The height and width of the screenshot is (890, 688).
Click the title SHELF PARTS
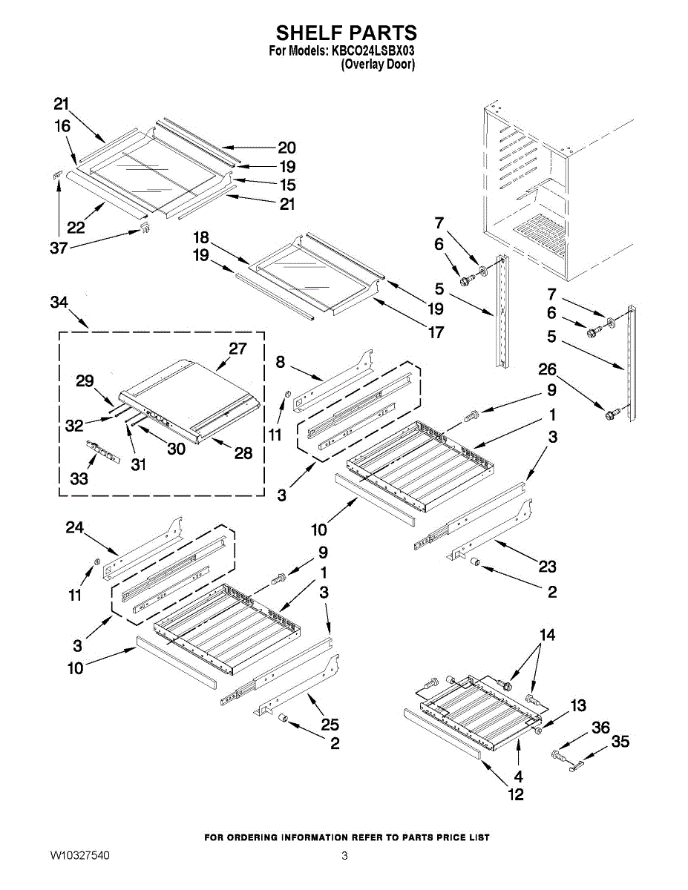[x=347, y=33]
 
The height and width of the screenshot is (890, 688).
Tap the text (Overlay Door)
[x=378, y=65]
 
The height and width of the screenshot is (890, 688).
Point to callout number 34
[x=60, y=303]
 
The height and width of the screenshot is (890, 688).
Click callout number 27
[x=237, y=348]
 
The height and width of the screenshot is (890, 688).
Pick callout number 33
[x=79, y=478]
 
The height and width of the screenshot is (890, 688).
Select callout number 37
[x=59, y=248]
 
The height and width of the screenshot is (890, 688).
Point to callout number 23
[x=547, y=567]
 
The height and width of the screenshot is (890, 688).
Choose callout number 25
[x=330, y=725]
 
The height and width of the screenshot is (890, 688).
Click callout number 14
[x=547, y=635]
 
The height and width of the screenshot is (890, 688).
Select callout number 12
[x=516, y=794]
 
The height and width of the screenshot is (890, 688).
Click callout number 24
[x=75, y=528]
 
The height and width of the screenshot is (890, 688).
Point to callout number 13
[x=577, y=705]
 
